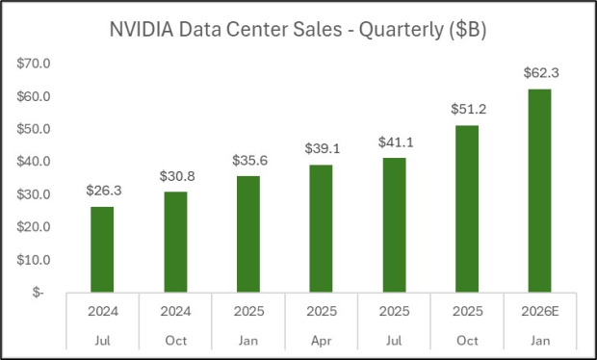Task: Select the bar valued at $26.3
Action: (x=102, y=248)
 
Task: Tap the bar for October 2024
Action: (x=175, y=241)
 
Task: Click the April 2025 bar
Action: (x=322, y=227)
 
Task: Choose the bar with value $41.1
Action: (x=394, y=224)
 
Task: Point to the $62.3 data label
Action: (x=540, y=72)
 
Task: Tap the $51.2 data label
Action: (x=467, y=109)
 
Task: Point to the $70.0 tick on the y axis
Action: (x=36, y=64)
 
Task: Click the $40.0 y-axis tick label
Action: (x=36, y=162)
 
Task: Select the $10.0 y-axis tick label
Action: (x=36, y=260)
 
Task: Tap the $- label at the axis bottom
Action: (x=38, y=293)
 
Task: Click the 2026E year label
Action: (x=540, y=313)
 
